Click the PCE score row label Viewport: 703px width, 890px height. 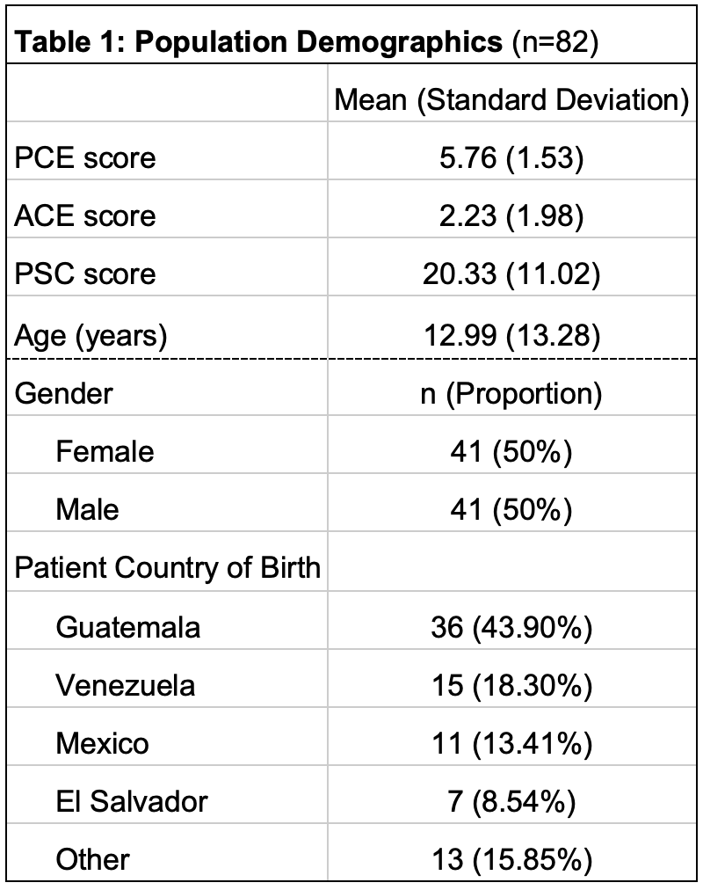click(x=85, y=157)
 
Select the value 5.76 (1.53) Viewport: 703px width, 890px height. click(x=511, y=157)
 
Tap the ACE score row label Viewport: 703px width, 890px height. click(x=85, y=215)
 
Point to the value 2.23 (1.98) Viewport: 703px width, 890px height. click(x=511, y=215)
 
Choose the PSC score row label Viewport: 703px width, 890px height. click(x=85, y=274)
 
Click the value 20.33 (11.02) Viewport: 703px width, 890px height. click(x=511, y=274)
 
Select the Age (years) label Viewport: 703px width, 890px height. click(x=91, y=335)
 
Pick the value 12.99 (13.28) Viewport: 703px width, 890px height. click(x=512, y=335)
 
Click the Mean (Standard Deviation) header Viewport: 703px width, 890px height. click(x=511, y=100)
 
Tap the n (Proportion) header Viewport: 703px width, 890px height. click(x=511, y=394)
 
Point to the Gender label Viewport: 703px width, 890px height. click(x=63, y=393)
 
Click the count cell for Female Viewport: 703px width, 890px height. click(x=511, y=452)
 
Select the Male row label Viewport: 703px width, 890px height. click(x=87, y=509)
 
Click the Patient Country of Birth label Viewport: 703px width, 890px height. click(x=168, y=567)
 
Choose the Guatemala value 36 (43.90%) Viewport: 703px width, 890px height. click(x=511, y=628)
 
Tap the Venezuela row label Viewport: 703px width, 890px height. click(x=126, y=685)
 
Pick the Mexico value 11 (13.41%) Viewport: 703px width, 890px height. click(x=512, y=743)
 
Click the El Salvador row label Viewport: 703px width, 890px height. click(x=132, y=801)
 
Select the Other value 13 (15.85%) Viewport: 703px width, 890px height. click(x=512, y=859)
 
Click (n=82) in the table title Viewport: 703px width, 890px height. click(x=555, y=42)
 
